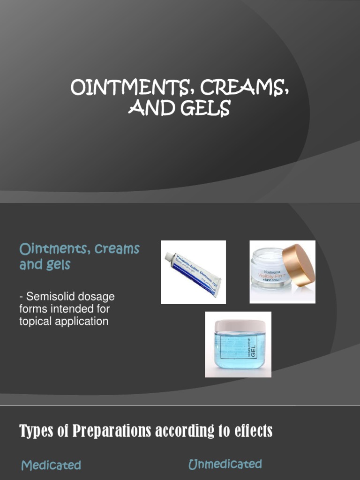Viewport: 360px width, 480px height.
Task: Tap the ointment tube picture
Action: click(x=193, y=273)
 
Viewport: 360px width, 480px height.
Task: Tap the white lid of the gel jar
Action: click(x=238, y=325)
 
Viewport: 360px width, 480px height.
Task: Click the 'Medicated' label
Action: click(x=51, y=465)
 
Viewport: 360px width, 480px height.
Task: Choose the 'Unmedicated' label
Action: click(x=225, y=464)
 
